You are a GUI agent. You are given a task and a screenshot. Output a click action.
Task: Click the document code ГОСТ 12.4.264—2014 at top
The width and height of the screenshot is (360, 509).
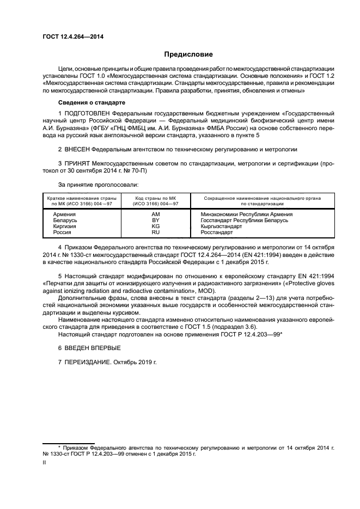point(73,36)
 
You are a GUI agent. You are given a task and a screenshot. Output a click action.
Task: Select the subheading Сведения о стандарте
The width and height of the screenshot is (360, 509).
point(91,102)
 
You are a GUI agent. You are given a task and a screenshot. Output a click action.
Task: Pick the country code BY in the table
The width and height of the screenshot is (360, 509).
point(155,220)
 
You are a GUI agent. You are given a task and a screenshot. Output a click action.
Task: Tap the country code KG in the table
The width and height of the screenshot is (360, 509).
point(155,226)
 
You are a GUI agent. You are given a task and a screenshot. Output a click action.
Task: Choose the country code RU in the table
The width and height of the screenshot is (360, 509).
point(155,232)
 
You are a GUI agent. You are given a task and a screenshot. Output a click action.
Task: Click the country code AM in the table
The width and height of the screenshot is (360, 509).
point(155,214)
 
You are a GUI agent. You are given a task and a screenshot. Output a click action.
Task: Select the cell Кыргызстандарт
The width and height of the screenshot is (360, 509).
point(221,226)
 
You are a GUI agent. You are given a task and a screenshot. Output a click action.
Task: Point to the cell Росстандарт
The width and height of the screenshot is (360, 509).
point(217,232)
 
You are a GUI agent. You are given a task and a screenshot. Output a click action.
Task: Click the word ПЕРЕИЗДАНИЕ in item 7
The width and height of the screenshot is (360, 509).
point(87,361)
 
